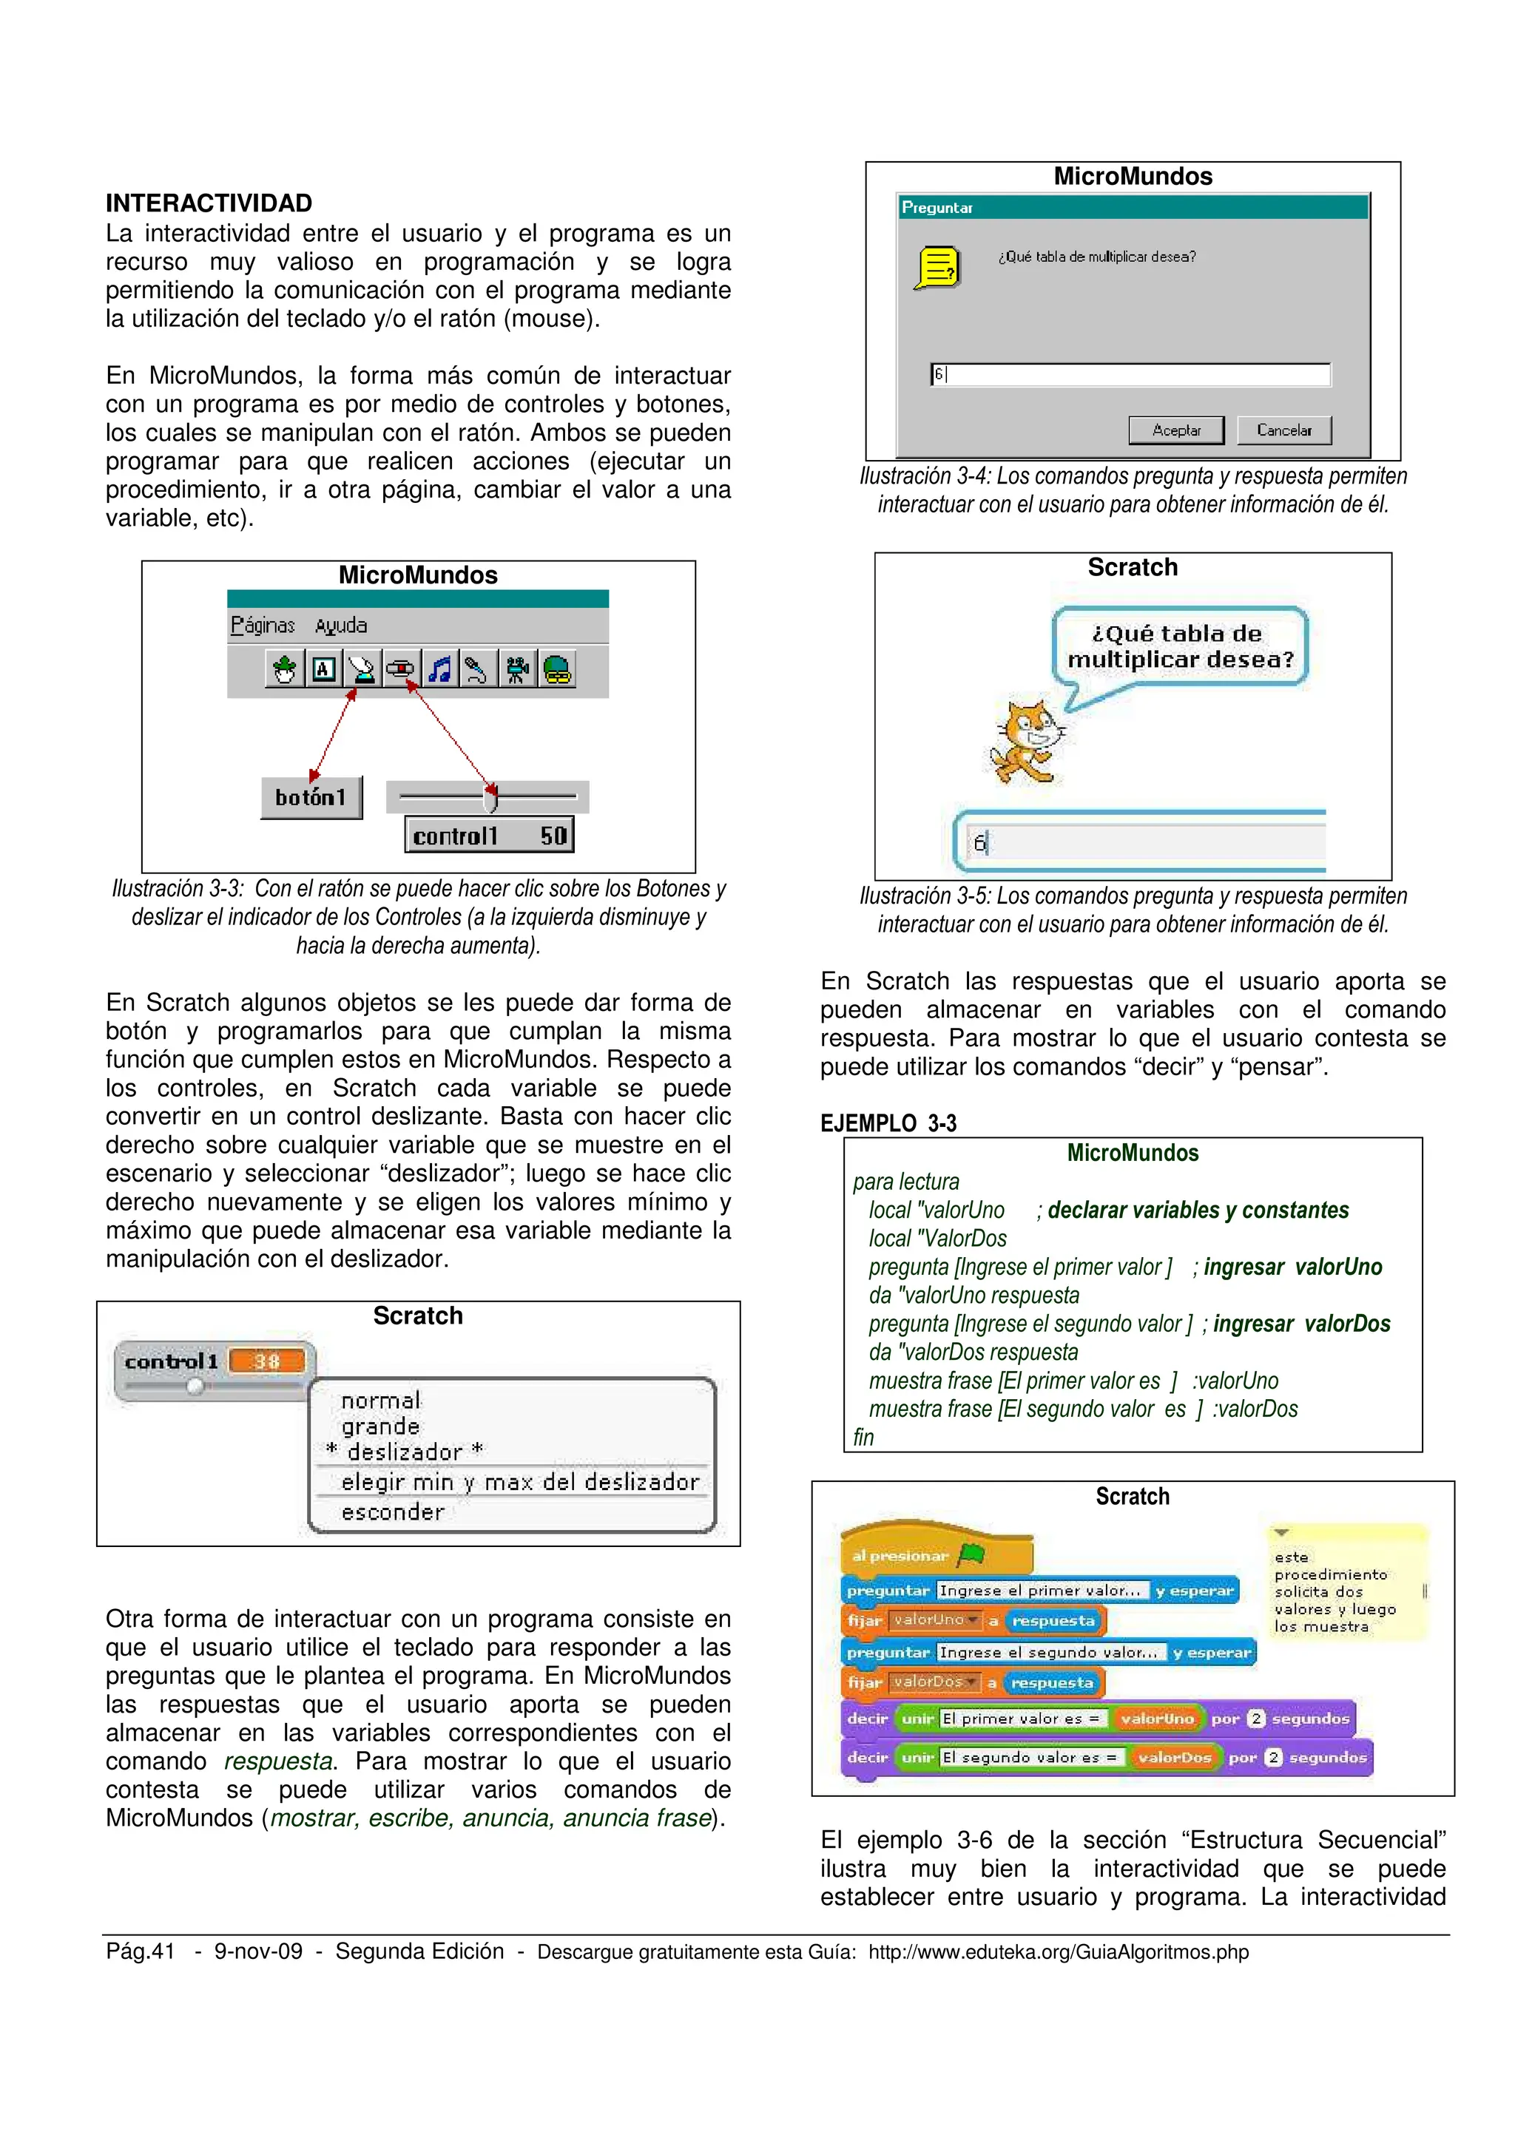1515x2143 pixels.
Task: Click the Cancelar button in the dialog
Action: [x=1283, y=430]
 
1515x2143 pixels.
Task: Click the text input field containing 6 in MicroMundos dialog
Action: [x=1130, y=374]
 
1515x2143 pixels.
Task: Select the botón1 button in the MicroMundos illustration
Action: [x=311, y=797]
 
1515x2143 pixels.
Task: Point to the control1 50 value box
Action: [x=489, y=836]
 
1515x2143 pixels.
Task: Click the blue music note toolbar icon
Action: [x=439, y=669]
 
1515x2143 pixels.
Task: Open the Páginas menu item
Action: [x=263, y=626]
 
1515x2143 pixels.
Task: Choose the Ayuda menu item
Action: [x=341, y=626]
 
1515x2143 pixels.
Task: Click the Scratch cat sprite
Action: [x=1027, y=741]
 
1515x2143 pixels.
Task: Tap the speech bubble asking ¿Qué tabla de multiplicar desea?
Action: [x=1180, y=647]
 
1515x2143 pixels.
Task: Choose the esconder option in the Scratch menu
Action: [x=392, y=1512]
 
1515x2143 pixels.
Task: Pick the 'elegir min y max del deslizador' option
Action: [x=519, y=1482]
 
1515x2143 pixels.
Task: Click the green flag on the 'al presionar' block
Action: [x=971, y=1555]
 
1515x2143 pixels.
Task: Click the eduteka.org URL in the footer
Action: [x=1058, y=1951]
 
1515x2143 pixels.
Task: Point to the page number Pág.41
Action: [x=140, y=1951]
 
